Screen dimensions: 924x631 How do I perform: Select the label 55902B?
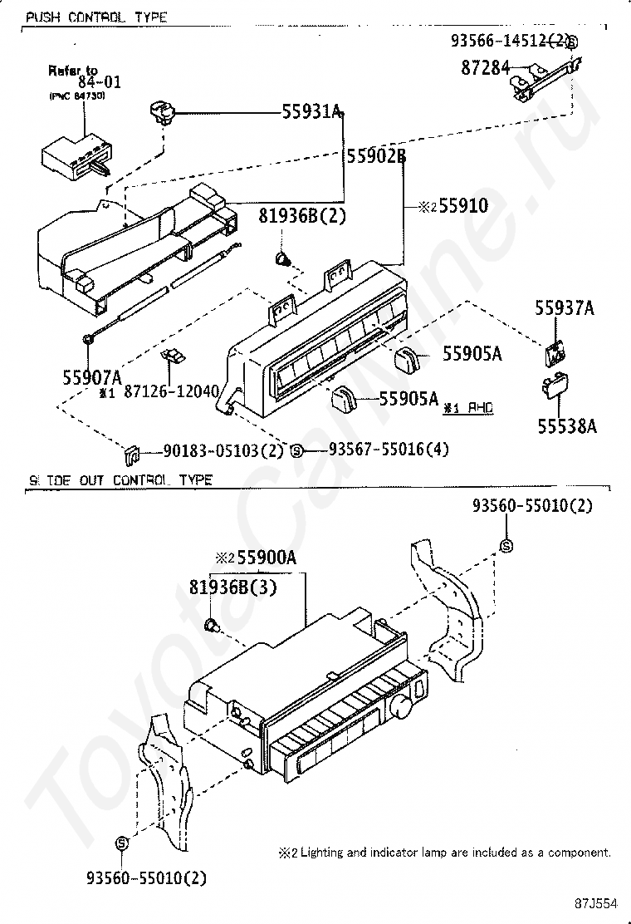[x=375, y=155]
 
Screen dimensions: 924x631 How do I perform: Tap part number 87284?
[x=486, y=68]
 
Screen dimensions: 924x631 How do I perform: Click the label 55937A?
[x=564, y=309]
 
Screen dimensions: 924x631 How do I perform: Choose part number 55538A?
[x=566, y=425]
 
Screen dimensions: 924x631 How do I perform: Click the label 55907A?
[x=92, y=375]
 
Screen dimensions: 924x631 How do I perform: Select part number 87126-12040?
[x=170, y=391]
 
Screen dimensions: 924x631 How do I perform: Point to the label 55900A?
[x=266, y=558]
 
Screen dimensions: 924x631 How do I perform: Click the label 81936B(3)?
[x=232, y=587]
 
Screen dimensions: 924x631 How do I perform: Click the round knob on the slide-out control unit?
[x=403, y=709]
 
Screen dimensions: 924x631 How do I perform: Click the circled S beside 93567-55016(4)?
[x=296, y=450]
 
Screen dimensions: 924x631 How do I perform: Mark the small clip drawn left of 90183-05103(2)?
[x=130, y=455]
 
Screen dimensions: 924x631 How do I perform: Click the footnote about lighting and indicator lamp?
[x=445, y=852]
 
